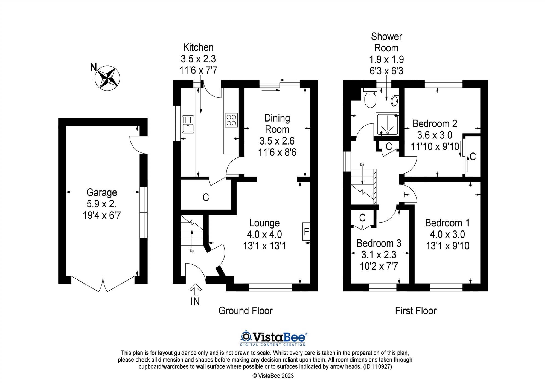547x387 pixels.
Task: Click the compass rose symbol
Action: tap(109, 77)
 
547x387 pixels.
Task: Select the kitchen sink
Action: tap(188, 124)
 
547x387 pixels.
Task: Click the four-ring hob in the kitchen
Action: tap(231, 120)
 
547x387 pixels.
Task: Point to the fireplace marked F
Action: tap(306, 232)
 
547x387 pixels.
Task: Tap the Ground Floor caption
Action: tap(245, 311)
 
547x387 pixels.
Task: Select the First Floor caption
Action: tap(415, 311)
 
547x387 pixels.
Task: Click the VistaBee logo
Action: tap(273, 338)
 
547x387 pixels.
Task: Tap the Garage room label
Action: tap(101, 192)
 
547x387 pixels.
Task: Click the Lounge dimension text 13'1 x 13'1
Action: tap(264, 246)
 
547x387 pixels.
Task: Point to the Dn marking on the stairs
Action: tap(362, 164)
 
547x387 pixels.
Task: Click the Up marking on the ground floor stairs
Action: tap(192, 251)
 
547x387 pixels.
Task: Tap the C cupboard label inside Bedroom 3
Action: tap(362, 218)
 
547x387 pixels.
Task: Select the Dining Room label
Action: tap(277, 123)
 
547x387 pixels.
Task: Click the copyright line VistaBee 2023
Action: tap(273, 376)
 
